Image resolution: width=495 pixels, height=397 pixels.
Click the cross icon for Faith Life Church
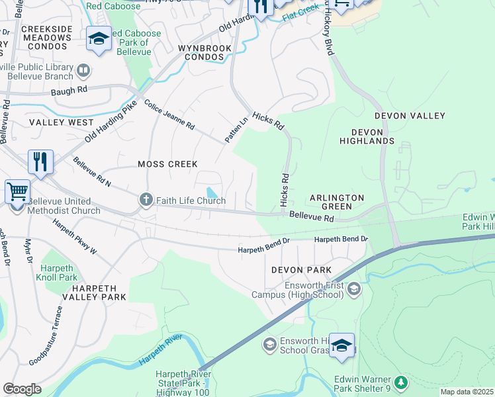[146, 199]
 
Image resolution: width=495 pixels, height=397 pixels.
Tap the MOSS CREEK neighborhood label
[167, 163]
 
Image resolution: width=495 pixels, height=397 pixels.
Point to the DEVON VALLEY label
[410, 116]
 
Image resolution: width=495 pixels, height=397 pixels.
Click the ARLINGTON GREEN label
[337, 202]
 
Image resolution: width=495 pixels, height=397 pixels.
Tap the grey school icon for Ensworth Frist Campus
[354, 288]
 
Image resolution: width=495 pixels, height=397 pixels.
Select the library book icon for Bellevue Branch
[83, 70]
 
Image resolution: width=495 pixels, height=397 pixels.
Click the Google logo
[22, 388]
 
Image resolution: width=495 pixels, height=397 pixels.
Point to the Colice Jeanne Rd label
[169, 115]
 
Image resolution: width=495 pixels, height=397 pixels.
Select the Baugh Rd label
[73, 89]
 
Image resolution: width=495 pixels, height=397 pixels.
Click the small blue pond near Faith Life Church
[210, 192]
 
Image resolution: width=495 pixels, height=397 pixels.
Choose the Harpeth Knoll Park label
[59, 273]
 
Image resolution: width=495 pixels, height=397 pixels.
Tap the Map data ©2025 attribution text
[467, 392]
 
